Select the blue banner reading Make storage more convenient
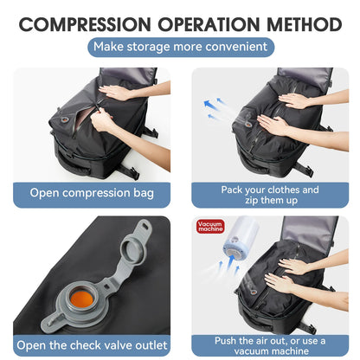180,47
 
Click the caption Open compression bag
93,192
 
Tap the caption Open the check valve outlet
93,344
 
